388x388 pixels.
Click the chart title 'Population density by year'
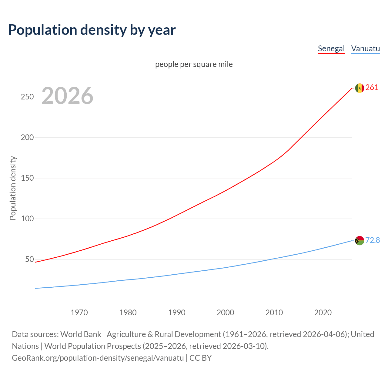click(x=92, y=30)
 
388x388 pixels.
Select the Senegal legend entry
click(x=331, y=48)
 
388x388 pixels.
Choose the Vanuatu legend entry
click(x=365, y=48)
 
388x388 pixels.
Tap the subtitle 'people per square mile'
click(x=194, y=64)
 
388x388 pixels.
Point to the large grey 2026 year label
click(x=67, y=96)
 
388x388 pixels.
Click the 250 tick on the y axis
click(x=27, y=97)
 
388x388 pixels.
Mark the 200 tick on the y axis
click(x=27, y=138)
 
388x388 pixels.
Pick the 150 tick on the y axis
click(x=27, y=178)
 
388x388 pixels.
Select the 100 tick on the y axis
click(x=27, y=219)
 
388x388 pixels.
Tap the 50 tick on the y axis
click(x=29, y=259)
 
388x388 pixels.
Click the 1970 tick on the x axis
click(x=79, y=313)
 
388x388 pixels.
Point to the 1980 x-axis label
click(x=128, y=313)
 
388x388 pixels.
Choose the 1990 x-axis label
click(x=177, y=313)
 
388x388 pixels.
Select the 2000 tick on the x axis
click(x=226, y=313)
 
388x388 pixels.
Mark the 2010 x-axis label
click(x=274, y=313)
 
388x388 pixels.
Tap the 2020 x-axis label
click(x=323, y=313)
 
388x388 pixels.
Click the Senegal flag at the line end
click(x=360, y=88)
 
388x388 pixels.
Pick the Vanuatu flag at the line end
click(x=360, y=241)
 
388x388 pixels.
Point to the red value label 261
click(x=372, y=88)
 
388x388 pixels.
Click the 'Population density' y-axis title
click(x=13, y=188)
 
